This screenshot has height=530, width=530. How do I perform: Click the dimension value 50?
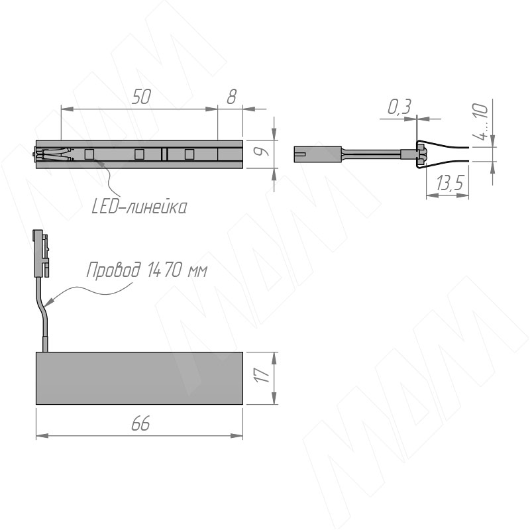pos(141,97)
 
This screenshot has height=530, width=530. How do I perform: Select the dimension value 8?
pos(231,97)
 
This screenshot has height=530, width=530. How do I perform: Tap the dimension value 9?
pos(262,151)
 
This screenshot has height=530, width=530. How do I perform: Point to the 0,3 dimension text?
pos(399,107)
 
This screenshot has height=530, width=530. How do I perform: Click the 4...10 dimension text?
pos(481,121)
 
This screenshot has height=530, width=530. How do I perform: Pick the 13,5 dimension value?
pos(449,184)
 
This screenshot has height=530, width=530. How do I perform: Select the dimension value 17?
pos(262,375)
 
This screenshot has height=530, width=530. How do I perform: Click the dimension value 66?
pos(140,423)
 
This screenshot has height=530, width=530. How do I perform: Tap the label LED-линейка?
pos(139,207)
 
